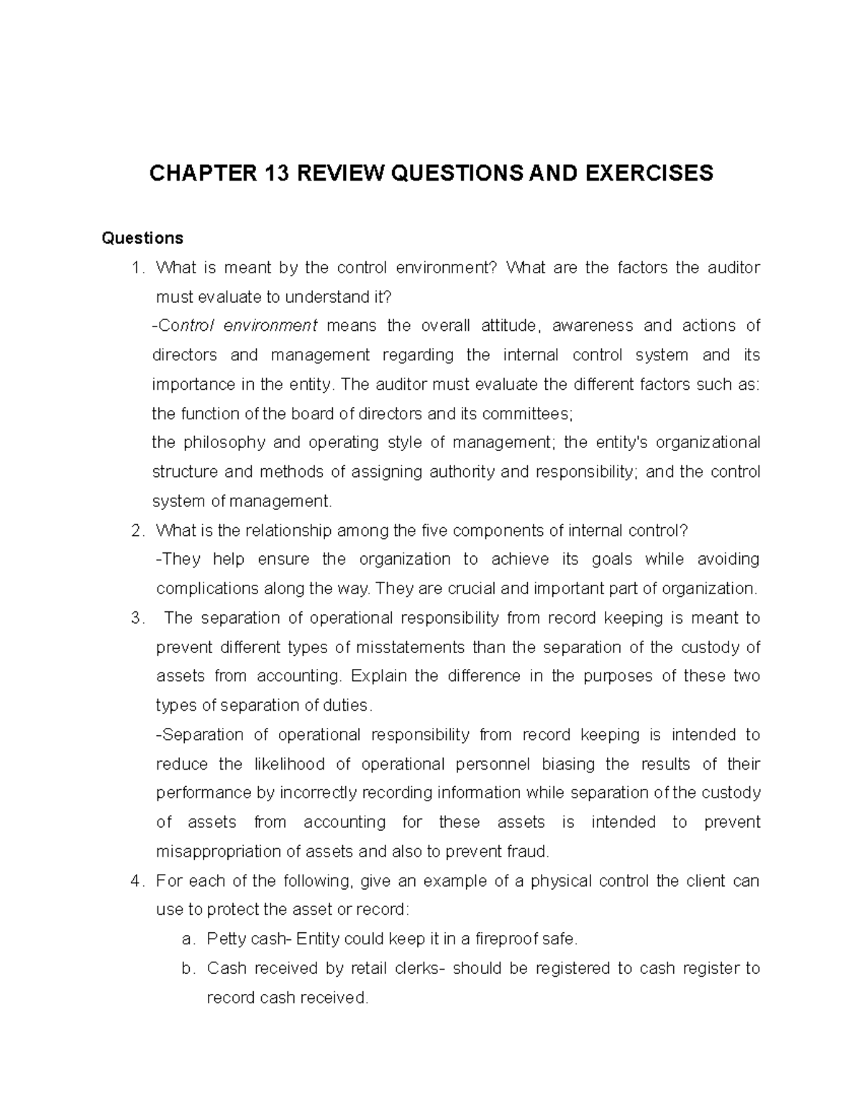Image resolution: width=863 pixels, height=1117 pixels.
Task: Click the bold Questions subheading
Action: point(142,238)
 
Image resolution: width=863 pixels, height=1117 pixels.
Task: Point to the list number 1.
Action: point(137,268)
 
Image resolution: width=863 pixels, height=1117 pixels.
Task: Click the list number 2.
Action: point(137,531)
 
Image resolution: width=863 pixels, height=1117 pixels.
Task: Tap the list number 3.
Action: point(137,619)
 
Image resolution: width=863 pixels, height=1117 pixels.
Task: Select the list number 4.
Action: point(137,881)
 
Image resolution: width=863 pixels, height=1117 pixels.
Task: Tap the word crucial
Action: point(472,589)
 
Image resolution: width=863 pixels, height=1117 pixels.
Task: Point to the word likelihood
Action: point(288,764)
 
